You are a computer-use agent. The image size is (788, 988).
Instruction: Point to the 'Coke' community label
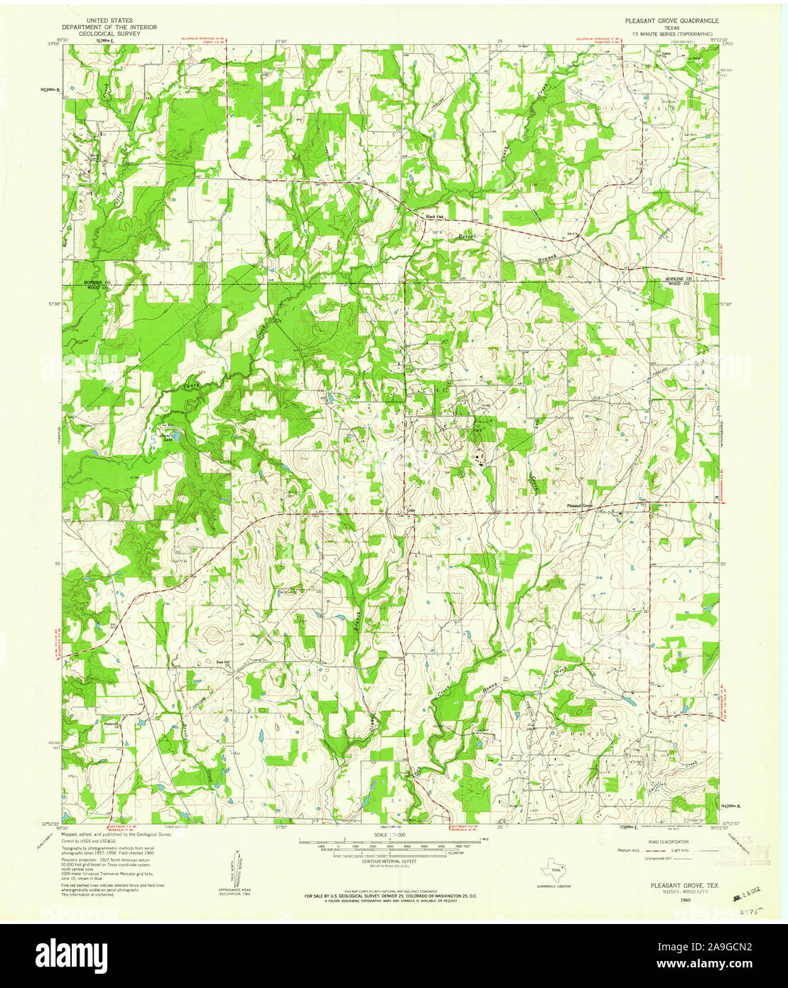tap(410, 509)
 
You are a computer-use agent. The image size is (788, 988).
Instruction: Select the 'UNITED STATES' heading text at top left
tap(109, 21)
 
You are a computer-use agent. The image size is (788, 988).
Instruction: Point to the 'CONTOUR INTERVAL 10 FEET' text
tap(389, 861)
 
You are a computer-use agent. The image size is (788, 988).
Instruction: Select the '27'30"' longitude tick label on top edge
tap(282, 42)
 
